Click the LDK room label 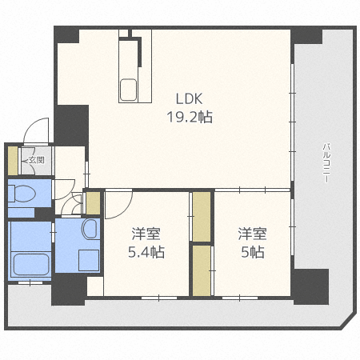pyautogui.click(x=189, y=98)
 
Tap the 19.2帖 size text pyautogui.click(x=190, y=117)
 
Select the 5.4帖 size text pyautogui.click(x=146, y=252)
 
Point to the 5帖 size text pyautogui.click(x=253, y=252)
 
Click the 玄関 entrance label pyautogui.click(x=37, y=160)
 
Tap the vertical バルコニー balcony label pyautogui.click(x=326, y=163)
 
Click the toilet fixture pyautogui.click(x=22, y=194)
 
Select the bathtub pyautogui.click(x=31, y=265)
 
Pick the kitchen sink pyautogui.click(x=129, y=90)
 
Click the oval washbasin pyautogui.click(x=90, y=229)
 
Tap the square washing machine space pyautogui.click(x=89, y=260)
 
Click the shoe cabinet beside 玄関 pyautogui.click(x=13, y=161)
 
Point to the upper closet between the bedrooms pyautogui.click(x=202, y=217)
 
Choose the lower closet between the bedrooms pyautogui.click(x=202, y=270)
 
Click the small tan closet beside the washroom pyautogui.click(x=93, y=203)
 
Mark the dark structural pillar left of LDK pyautogui.click(x=71, y=126)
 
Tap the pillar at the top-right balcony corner pyautogui.click(x=306, y=35)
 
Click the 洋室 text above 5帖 pyautogui.click(x=252, y=234)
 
